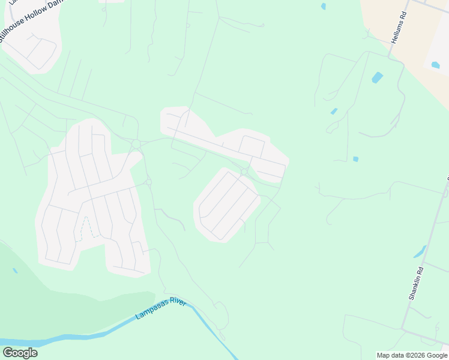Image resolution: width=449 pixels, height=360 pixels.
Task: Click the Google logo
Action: tap(20, 353)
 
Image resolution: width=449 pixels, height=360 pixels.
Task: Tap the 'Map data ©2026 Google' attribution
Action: tap(412, 355)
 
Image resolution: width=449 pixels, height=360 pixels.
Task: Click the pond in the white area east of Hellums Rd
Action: tap(435, 64)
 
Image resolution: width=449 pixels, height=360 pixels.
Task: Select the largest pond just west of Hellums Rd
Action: tap(377, 77)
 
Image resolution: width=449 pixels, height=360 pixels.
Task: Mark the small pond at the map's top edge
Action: tap(324, 7)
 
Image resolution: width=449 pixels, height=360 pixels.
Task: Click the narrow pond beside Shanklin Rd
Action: tap(420, 251)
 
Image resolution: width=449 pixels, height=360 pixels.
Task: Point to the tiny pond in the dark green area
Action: tap(15, 271)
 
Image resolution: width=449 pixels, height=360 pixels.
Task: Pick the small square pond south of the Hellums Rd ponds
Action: tap(355, 159)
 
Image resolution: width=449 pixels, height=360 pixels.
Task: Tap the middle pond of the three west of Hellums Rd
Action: tap(334, 111)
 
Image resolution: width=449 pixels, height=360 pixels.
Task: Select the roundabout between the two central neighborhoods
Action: tap(244, 172)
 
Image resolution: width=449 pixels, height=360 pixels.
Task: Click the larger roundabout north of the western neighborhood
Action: tap(136, 144)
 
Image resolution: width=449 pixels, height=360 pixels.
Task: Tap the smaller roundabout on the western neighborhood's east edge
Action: tap(148, 182)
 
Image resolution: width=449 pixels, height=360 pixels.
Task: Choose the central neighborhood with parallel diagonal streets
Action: tap(226, 204)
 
